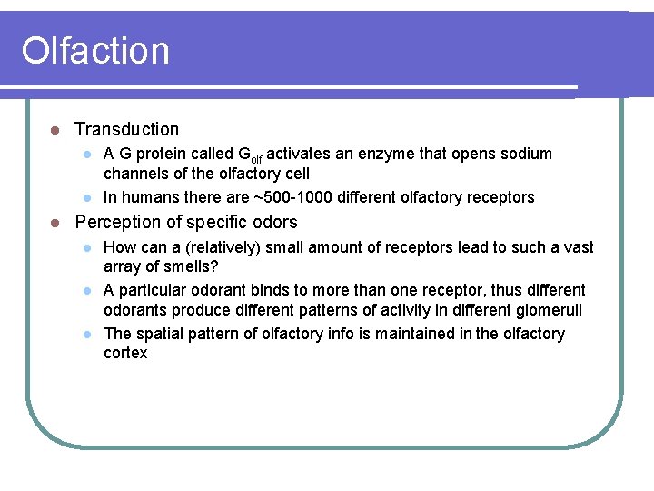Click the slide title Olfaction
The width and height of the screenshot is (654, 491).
[x=95, y=51]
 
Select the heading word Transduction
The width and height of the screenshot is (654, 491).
[x=126, y=130]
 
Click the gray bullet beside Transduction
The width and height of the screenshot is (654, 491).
[x=54, y=130]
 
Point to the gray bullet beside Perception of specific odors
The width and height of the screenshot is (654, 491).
[x=54, y=223]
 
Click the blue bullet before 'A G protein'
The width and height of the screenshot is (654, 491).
[x=87, y=154]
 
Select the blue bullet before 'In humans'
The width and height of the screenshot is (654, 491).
[x=87, y=197]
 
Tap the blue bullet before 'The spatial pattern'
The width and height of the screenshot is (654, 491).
[x=87, y=334]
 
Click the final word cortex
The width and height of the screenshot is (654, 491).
[x=125, y=354]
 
